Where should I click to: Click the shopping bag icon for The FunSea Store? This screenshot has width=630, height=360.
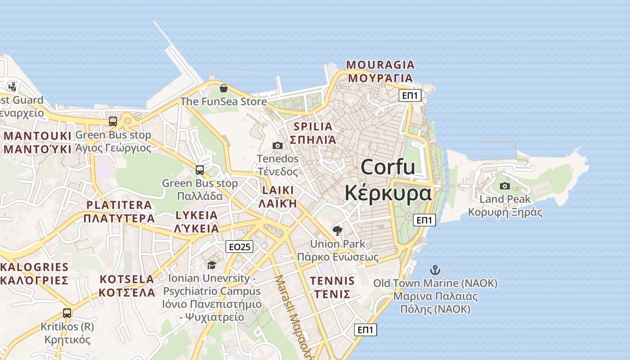223,88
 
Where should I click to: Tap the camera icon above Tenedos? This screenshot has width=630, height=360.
278,145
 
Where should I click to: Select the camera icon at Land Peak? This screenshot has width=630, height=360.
505,186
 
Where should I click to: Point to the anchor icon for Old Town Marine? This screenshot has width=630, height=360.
435,270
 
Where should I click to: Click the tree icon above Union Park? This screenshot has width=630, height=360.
337,231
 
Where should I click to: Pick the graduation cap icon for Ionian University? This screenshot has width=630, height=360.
211,265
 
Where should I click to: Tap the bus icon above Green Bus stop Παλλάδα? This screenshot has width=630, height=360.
200,170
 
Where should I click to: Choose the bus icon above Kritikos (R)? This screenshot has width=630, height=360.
67,313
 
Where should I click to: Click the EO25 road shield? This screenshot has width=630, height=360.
239,246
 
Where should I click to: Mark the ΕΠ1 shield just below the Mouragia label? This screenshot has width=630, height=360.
410,95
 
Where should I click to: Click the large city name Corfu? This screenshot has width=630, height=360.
387,167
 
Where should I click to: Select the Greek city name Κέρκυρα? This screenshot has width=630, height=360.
388,193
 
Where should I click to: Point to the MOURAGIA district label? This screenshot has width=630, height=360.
380,65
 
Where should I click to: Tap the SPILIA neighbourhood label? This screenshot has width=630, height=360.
313,126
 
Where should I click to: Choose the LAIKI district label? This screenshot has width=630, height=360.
278,190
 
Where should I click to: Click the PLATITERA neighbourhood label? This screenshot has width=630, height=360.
119,205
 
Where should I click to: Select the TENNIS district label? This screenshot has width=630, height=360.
332,281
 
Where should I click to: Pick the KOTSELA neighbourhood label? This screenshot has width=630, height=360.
127,279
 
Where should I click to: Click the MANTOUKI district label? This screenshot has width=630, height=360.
37,136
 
